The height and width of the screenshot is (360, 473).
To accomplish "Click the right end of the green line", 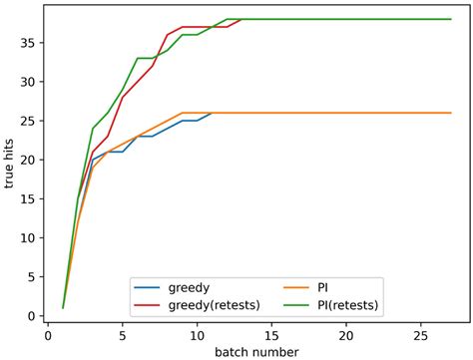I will [x=451, y=19].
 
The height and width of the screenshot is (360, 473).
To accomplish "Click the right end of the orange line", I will [x=451, y=113].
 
